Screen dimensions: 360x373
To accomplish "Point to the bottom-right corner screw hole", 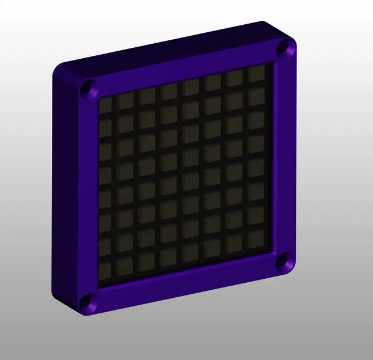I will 283,263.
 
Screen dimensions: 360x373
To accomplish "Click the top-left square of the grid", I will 106,104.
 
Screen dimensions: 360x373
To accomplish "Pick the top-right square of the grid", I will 256,74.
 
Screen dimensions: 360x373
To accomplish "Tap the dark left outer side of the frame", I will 62,190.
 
